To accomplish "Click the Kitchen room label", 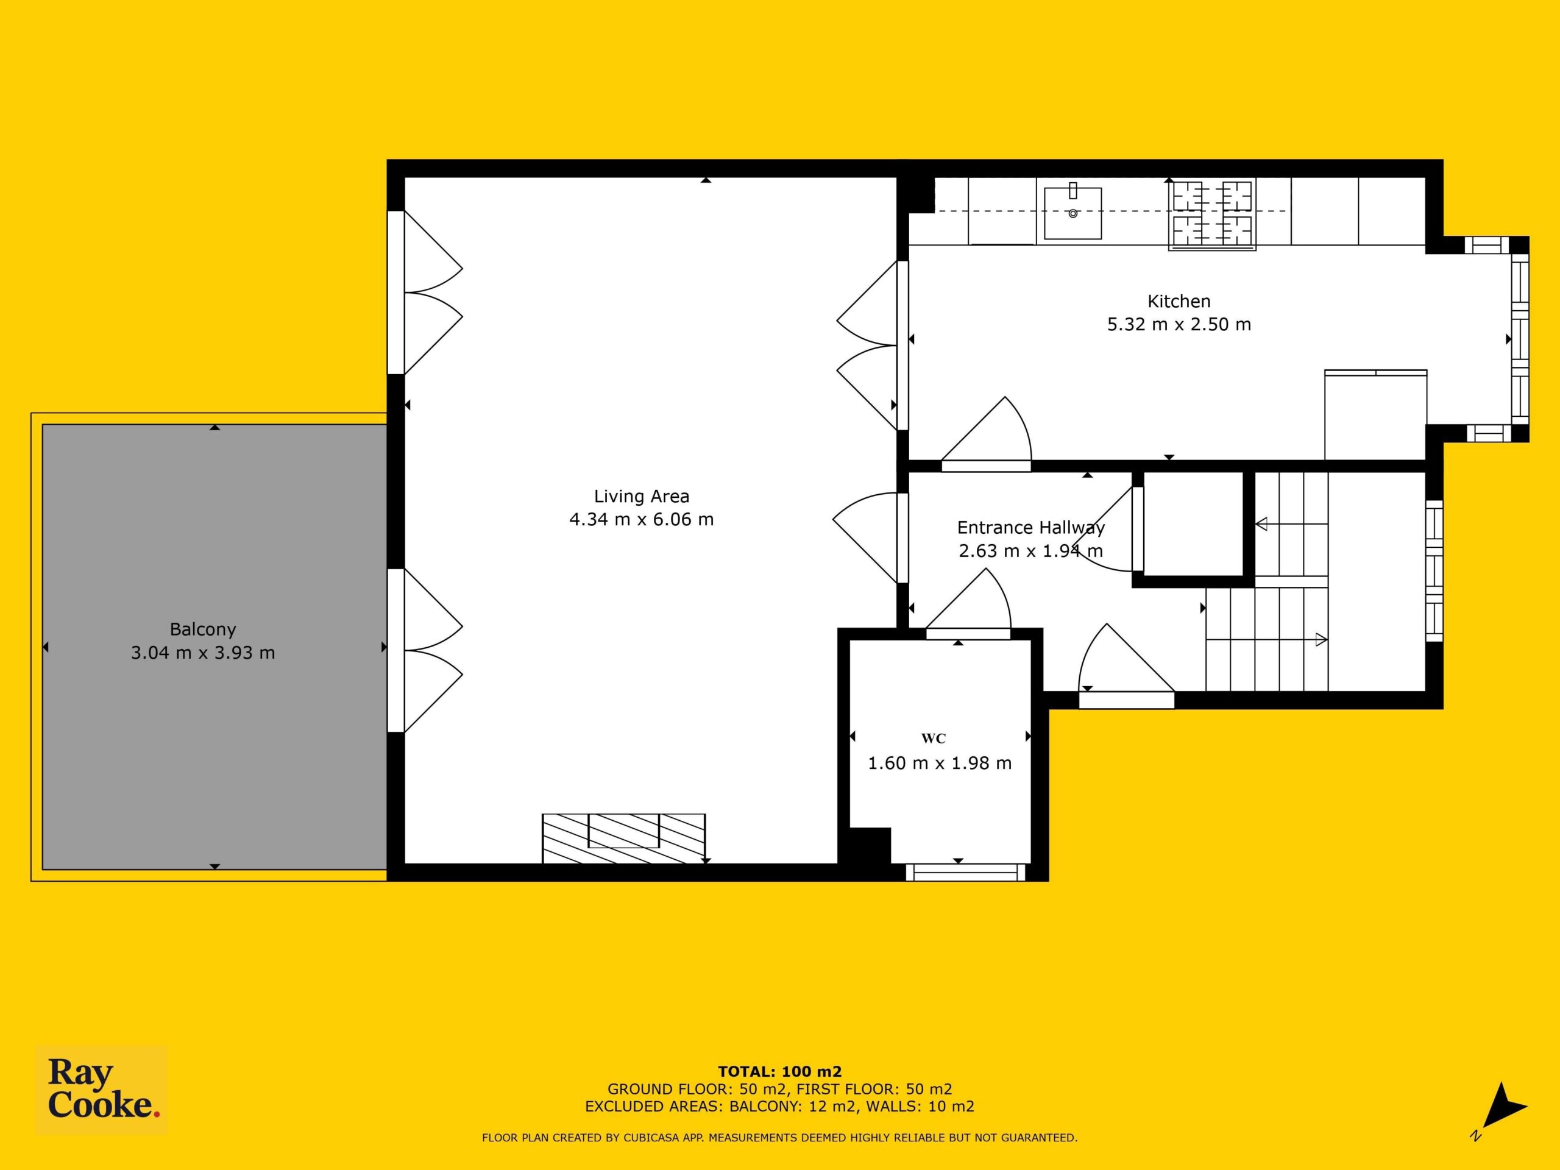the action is click(x=1179, y=301).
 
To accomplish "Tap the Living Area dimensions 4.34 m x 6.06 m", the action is click(x=642, y=520).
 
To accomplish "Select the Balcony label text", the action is click(x=203, y=629).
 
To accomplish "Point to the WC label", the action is click(x=933, y=739).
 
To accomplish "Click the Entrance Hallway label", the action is click(x=1030, y=528).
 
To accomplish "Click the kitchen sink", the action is click(x=1072, y=212).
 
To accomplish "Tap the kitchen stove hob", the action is click(x=1212, y=214).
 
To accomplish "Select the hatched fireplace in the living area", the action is click(x=623, y=838).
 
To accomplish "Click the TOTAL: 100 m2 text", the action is click(x=779, y=1072).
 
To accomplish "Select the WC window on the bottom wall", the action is click(x=965, y=873).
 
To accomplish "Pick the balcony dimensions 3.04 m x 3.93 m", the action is click(x=203, y=653).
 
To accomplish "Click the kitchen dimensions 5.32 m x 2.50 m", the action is click(x=1179, y=324).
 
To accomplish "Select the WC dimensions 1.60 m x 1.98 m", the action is click(x=940, y=763).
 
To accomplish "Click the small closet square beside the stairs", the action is click(x=1193, y=523).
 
